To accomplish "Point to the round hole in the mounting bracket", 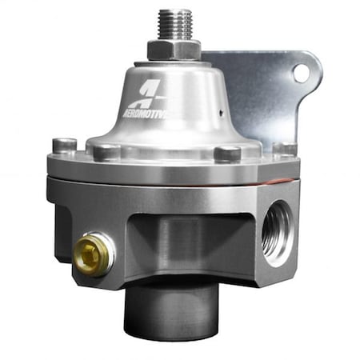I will [300, 73].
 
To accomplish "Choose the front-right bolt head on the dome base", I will [227, 153].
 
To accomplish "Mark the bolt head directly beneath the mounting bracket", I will [283, 148].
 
